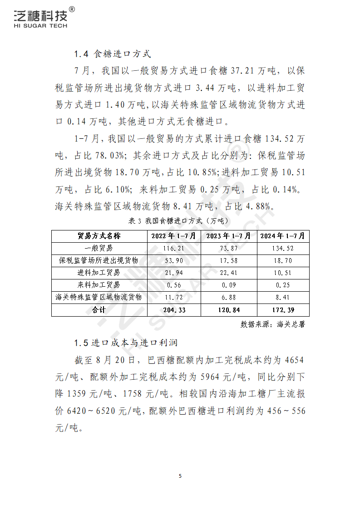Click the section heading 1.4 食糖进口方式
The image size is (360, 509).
pos(112,54)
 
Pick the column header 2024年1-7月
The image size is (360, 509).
pos(283,236)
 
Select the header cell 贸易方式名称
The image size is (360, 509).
pos(99,236)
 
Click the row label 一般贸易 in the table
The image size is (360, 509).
pos(99,249)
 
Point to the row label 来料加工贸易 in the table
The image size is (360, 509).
pos(99,285)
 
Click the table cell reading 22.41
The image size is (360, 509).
pos(229,273)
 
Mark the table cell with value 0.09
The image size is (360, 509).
pos(229,285)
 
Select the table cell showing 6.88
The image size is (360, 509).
pos(229,298)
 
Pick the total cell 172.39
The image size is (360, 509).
pos(283,310)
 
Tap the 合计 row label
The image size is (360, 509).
pos(99,310)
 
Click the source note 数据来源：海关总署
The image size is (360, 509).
pos(272,324)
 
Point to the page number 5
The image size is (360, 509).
pos(180,476)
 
